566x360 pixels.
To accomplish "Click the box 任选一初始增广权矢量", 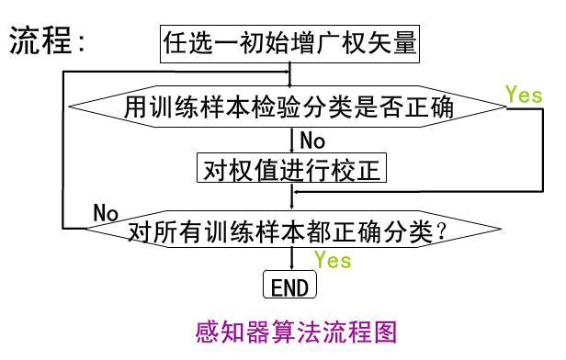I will [290, 42].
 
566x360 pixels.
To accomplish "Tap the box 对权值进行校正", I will [291, 169].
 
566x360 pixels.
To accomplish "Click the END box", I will [290, 287].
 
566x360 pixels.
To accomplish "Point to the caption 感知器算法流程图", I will [297, 332].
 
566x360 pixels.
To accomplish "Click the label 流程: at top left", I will [50, 42].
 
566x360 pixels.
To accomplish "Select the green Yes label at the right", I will [524, 95].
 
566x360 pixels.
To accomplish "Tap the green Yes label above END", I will [332, 260].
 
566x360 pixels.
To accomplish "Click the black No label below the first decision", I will [312, 141].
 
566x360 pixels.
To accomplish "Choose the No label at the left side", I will [107, 213].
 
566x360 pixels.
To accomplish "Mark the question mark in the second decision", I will [444, 231].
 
